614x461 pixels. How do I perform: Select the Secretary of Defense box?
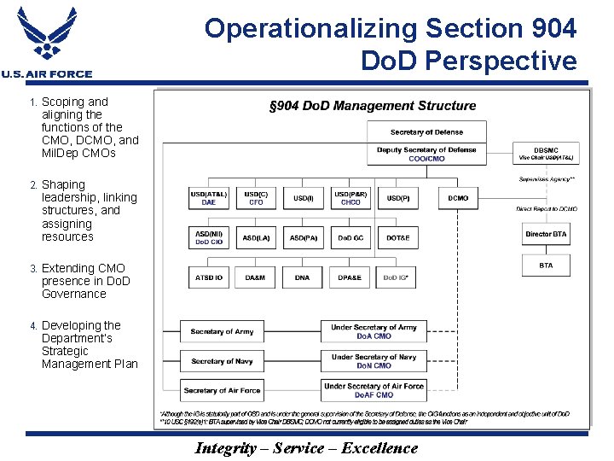tap(426, 132)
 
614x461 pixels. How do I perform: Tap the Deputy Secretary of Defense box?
tap(426, 155)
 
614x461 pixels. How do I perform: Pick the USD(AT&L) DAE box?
tap(209, 198)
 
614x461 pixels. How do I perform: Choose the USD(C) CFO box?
tap(256, 198)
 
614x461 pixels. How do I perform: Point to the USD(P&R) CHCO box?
tap(350, 198)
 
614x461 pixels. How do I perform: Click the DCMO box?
tap(458, 198)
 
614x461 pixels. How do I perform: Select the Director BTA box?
tap(546, 234)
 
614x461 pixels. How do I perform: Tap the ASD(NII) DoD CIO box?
tap(209, 237)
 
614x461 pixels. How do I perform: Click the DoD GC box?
tap(350, 237)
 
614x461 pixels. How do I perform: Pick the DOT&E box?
tap(397, 237)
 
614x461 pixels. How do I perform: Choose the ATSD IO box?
tap(209, 277)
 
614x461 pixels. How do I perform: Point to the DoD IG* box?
tap(397, 277)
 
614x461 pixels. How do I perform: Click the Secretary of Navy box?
tap(221, 361)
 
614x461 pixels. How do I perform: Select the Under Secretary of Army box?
tap(374, 331)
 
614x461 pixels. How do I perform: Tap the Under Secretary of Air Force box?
tap(374, 390)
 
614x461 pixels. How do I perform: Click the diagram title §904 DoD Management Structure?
tap(373, 106)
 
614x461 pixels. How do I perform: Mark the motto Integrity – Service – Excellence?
tap(306, 448)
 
